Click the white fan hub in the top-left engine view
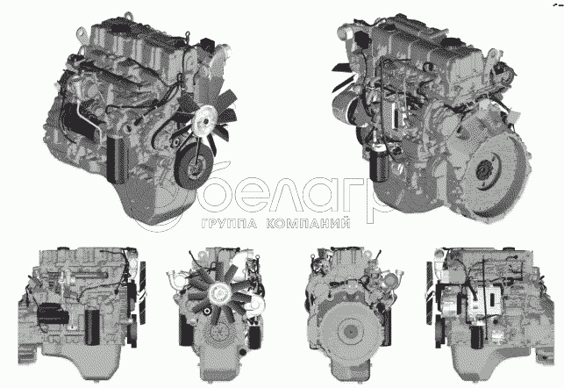[x=203, y=121]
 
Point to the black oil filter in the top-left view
[x=118, y=159]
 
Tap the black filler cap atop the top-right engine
[x=449, y=43]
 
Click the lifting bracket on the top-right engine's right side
[x=490, y=60]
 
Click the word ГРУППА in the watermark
[x=230, y=224]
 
